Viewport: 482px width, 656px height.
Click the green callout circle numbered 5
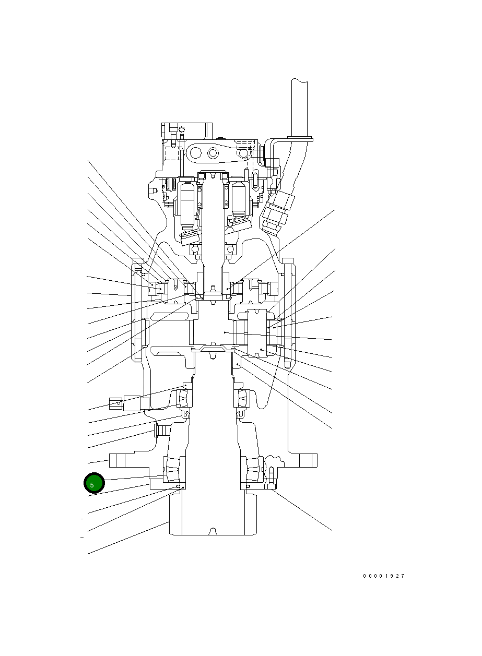click(94, 484)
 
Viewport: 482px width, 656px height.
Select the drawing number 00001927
click(384, 576)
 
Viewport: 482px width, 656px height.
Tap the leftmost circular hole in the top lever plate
click(196, 153)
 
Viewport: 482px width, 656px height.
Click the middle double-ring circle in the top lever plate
click(213, 153)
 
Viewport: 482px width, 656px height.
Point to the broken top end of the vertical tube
click(300, 81)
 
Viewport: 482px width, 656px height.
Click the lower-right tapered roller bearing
click(253, 469)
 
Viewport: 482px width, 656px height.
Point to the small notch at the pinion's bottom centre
click(212, 531)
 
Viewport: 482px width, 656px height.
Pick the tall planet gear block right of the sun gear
click(258, 333)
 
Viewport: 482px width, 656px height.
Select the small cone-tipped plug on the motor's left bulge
click(153, 192)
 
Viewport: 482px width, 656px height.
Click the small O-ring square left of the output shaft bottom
click(178, 486)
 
